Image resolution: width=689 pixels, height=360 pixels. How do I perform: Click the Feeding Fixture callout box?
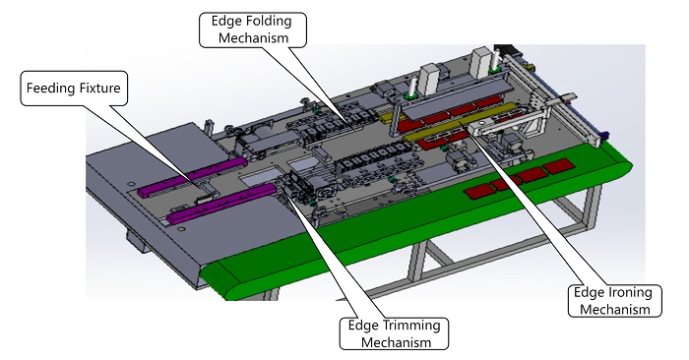[x=74, y=89]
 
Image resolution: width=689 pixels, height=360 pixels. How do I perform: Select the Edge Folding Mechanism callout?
[x=253, y=30]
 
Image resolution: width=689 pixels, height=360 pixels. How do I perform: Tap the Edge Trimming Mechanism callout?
[x=394, y=333]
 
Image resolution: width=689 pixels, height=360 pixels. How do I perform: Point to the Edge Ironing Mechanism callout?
[x=614, y=301]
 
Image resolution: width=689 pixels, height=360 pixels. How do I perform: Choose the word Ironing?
[x=632, y=292]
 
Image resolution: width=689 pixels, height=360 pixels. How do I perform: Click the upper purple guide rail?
[x=192, y=176]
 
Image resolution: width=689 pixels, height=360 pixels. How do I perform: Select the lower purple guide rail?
[x=221, y=205]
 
